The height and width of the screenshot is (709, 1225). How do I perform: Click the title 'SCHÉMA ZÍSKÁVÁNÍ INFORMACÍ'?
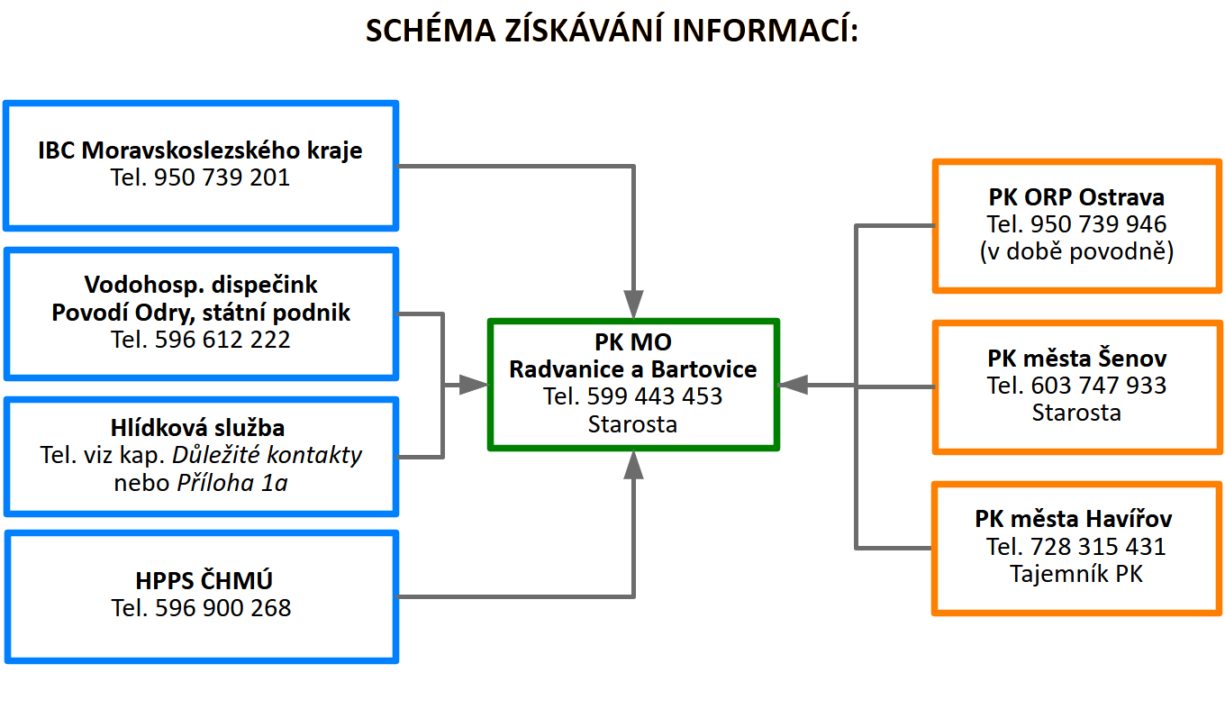(x=612, y=31)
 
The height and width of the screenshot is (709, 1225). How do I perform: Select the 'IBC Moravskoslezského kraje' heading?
(x=200, y=150)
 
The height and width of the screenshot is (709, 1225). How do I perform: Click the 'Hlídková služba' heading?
(x=201, y=428)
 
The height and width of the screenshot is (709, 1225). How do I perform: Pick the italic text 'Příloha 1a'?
(x=231, y=483)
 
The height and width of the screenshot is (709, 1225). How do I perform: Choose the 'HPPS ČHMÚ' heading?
(x=201, y=580)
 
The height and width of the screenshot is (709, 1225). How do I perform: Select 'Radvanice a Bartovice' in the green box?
(x=632, y=369)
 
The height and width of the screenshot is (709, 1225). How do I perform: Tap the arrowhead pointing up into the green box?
(x=634, y=466)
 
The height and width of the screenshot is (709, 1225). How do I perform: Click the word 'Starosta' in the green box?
(x=632, y=424)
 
